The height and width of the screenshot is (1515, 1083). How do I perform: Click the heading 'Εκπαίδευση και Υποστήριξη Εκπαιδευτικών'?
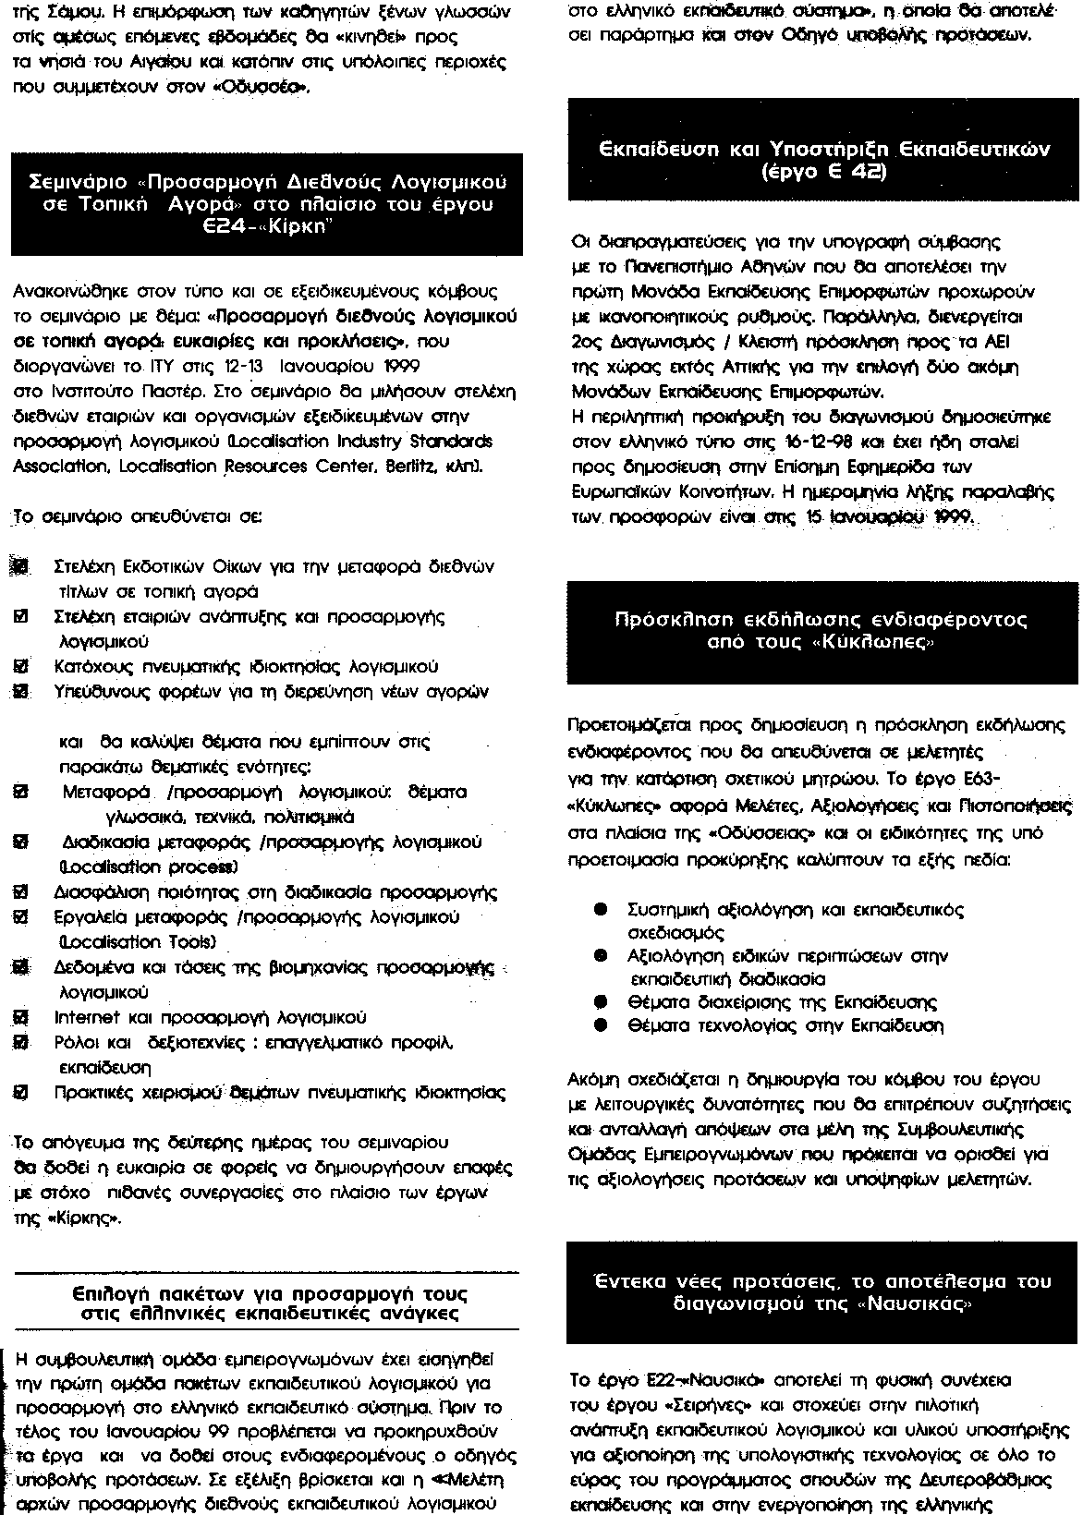click(x=824, y=149)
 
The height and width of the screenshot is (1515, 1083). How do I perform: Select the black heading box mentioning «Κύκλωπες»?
click(x=821, y=631)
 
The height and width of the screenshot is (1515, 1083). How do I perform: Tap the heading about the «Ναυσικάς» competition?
click(x=821, y=1292)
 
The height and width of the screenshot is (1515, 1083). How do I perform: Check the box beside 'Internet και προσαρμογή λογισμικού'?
click(x=19, y=1018)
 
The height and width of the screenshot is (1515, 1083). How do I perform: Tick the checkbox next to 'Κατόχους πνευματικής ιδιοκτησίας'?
click(x=19, y=666)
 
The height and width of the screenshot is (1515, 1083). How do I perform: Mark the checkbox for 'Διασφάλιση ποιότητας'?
click(x=19, y=892)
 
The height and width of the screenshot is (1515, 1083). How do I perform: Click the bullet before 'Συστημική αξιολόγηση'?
click(x=600, y=910)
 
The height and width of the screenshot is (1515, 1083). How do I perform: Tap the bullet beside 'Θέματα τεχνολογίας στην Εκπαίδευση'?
click(x=600, y=1024)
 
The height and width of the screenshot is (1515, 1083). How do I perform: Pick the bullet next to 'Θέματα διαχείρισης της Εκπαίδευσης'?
click(x=600, y=1001)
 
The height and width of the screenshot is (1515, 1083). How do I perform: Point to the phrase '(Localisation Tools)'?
click(x=137, y=942)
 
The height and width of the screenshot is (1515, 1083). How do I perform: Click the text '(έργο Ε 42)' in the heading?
click(x=824, y=171)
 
